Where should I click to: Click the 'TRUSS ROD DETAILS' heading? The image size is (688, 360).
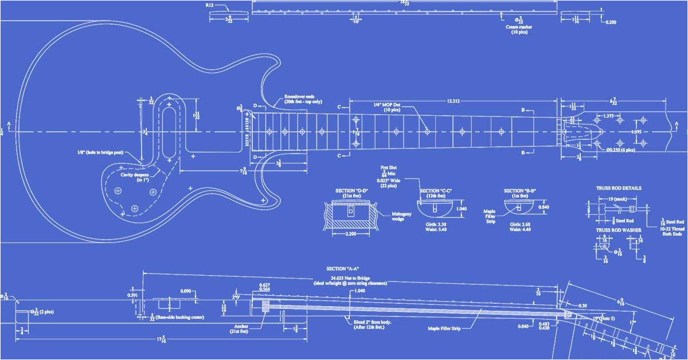(x=619, y=188)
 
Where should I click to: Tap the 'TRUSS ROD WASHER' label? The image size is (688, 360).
(x=619, y=230)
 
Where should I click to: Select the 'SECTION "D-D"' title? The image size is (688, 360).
(x=352, y=191)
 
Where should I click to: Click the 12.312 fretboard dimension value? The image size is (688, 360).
(x=452, y=101)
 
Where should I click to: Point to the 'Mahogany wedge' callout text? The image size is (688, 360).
(x=397, y=216)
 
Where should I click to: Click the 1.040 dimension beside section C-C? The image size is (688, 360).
(x=460, y=209)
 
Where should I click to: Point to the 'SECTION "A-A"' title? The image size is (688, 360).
(x=343, y=269)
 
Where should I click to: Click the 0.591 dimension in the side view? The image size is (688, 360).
(x=132, y=295)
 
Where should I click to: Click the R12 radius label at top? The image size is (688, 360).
(x=210, y=5)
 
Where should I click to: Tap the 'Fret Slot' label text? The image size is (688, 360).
(x=389, y=168)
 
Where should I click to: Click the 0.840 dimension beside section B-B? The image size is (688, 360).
(x=545, y=208)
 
